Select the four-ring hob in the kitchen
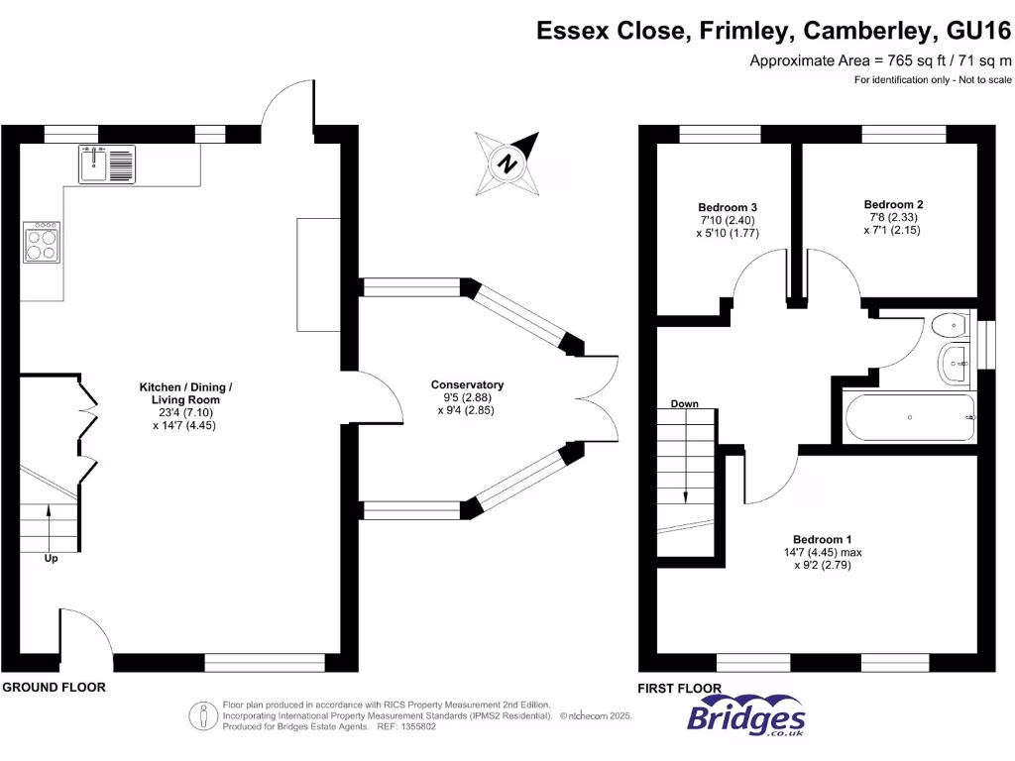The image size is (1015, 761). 41,242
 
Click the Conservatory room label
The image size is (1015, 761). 467,384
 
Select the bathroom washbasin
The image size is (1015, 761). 957,364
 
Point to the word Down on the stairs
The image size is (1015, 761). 684,404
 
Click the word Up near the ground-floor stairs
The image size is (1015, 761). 51,559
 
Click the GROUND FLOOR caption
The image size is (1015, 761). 54,687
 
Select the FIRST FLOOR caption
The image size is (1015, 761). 680,688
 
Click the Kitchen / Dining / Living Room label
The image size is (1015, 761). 185,392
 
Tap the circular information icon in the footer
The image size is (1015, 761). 203,714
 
